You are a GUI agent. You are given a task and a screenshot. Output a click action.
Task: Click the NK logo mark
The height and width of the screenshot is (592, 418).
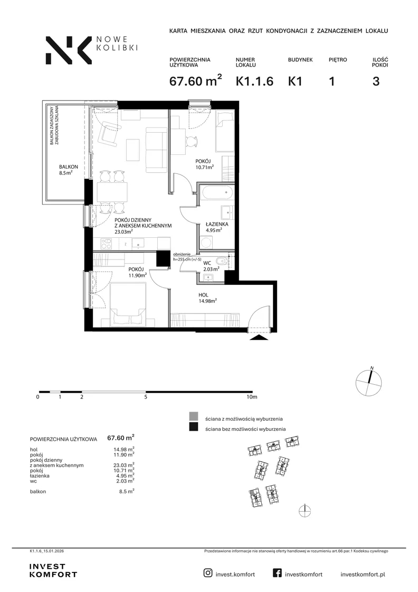pos(69,50)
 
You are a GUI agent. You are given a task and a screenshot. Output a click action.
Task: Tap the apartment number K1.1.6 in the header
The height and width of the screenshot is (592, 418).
pos(254,81)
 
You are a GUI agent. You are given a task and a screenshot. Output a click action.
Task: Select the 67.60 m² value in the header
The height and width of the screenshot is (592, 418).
pos(195,80)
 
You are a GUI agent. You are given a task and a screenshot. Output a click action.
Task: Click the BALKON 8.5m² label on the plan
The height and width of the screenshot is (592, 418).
pos(68,170)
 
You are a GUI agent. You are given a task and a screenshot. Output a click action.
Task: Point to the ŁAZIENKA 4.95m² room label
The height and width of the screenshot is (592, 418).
pos(217,227)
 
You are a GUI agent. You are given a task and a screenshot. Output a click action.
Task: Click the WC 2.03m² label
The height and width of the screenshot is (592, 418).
pos(211,266)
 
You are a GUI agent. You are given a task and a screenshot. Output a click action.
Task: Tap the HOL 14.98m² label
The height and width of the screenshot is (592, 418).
pos(207,298)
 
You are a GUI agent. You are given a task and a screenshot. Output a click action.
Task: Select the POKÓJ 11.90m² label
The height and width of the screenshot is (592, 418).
pos(137,272)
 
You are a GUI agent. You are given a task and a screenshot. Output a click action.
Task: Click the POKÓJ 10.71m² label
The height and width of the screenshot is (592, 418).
pos(204,164)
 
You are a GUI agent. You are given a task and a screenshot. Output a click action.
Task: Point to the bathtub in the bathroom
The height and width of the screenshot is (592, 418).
pos(216,193)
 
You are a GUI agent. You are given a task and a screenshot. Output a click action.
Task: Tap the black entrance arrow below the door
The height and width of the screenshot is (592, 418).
pos(259,337)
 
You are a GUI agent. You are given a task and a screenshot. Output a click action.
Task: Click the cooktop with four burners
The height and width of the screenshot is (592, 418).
pos(106,244)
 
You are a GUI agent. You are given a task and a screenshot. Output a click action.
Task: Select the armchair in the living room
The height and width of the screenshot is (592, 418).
pos(109,133)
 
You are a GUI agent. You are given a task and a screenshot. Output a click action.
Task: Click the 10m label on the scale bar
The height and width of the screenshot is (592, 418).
pos(252,397)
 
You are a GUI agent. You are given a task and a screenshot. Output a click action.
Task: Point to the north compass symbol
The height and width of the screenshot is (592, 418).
pos(368,383)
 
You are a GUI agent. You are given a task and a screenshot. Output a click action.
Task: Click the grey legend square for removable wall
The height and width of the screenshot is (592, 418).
pos(193,417)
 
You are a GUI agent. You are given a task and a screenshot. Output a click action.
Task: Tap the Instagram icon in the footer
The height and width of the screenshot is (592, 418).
pos(208,573)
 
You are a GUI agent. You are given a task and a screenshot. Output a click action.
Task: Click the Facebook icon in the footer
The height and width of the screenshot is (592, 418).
pos(277,573)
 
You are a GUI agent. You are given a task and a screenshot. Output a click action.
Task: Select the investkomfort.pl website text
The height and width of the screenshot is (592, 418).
pos(363,574)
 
